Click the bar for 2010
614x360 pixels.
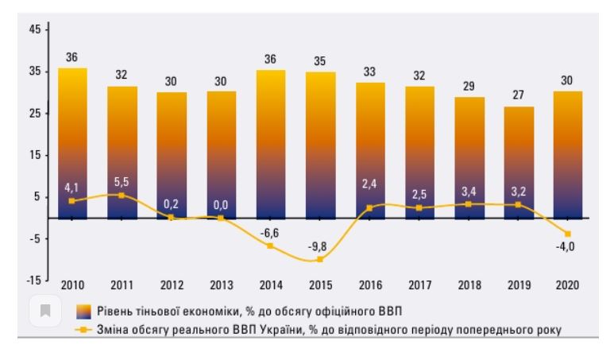click(72, 143)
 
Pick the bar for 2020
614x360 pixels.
click(568, 154)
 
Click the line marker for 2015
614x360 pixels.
click(320, 259)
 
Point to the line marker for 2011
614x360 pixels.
click(122, 195)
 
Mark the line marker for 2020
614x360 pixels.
click(568, 234)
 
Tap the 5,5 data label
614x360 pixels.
click(122, 181)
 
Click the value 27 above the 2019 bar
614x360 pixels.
click(518, 95)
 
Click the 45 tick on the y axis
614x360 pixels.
click(34, 30)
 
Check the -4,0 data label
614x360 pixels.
click(565, 247)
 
